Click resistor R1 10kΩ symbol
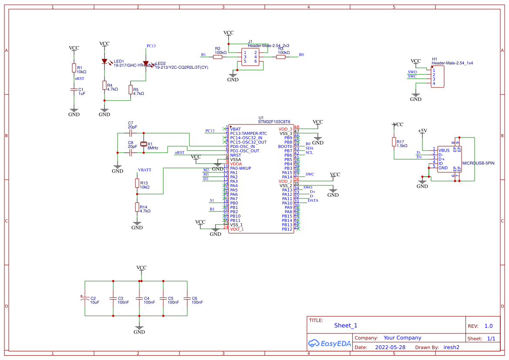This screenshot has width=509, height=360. [x=74, y=68]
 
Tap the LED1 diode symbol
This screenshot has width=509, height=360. [x=104, y=61]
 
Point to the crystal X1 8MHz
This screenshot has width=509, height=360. [x=143, y=145]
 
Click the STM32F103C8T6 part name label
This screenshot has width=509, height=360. [x=274, y=122]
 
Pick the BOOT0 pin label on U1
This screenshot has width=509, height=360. [x=285, y=147]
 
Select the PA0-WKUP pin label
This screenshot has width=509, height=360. [x=241, y=168]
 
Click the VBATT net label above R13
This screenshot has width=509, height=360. [x=145, y=170]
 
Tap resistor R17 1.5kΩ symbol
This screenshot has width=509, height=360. [x=394, y=142]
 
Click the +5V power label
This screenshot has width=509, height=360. [x=422, y=131]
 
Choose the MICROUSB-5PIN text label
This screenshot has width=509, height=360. [x=478, y=163]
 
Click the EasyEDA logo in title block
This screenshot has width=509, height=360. [x=329, y=343]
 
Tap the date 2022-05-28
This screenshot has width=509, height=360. [x=390, y=347]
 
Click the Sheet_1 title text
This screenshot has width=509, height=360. [x=346, y=325]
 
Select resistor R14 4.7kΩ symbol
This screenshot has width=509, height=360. [x=137, y=207]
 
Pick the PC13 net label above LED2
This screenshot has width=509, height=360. [x=151, y=46]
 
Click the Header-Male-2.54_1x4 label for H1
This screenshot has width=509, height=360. [x=452, y=63]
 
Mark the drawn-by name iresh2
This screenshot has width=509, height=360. [x=451, y=347]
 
